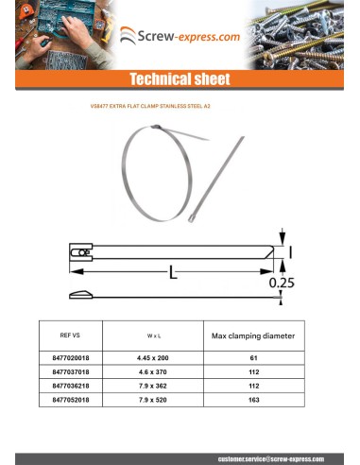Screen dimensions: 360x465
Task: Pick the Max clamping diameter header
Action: (253, 336)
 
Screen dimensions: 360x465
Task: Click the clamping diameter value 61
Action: (253, 359)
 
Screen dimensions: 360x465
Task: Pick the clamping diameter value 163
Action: (253, 400)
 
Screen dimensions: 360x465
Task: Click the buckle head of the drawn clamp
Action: (80, 253)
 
